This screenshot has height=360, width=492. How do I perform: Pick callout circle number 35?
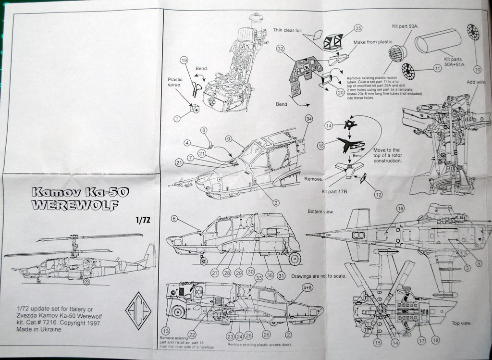click(357, 28)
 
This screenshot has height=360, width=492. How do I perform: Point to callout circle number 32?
click(281, 49)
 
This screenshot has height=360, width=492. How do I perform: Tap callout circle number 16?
click(400, 208)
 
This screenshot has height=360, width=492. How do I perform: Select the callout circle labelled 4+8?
click(308, 287)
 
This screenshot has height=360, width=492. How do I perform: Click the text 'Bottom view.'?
click(320, 211)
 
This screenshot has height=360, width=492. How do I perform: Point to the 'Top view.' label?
click(461, 323)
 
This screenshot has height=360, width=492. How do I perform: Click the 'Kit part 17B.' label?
click(334, 192)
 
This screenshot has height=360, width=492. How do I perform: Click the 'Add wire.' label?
click(476, 82)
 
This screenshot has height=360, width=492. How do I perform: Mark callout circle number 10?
click(477, 69)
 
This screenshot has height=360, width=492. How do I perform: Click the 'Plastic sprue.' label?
click(175, 82)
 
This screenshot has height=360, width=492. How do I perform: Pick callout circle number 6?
click(174, 218)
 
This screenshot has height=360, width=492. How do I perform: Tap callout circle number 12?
click(379, 194)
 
